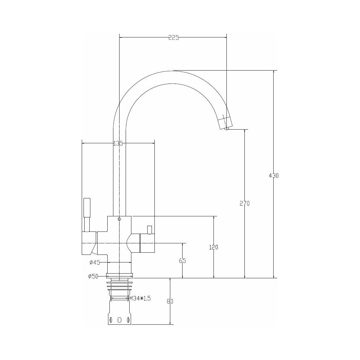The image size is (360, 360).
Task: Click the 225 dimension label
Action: coord(174,38)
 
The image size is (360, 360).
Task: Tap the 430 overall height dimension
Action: coord(274,176)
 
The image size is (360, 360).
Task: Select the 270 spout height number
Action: coord(244,203)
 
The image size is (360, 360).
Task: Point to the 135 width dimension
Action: coord(118,144)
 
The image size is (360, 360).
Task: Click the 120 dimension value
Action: coord(213,247)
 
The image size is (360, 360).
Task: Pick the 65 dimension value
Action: coord(183,261)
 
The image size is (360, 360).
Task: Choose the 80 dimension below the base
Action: coord(170,301)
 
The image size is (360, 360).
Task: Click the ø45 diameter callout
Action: coord(95,262)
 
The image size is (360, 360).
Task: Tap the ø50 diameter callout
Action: coord(93,276)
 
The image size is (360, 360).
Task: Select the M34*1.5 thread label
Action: coord(140,298)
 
